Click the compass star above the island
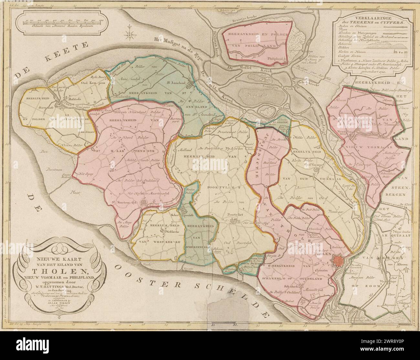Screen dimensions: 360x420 (131, 33)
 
